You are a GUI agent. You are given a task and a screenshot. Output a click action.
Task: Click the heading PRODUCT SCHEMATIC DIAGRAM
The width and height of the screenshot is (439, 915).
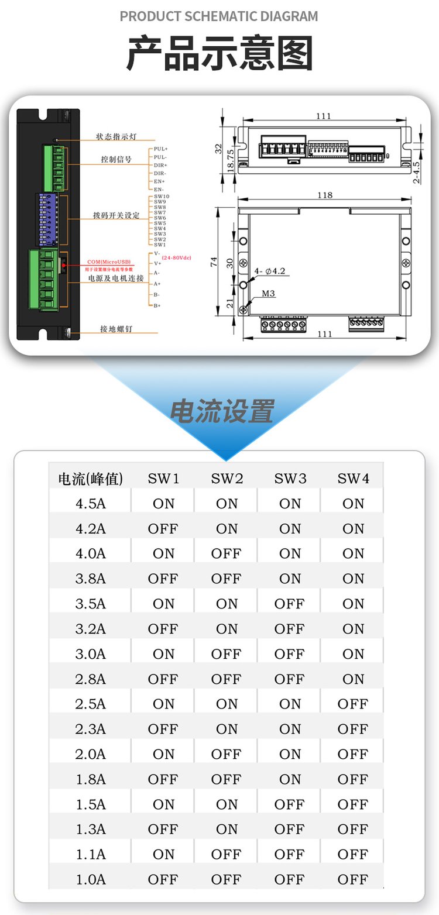(219, 16)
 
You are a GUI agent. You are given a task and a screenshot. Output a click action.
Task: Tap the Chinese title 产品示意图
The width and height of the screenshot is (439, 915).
(220, 54)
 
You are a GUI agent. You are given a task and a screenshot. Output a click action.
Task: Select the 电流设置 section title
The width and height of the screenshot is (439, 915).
(222, 411)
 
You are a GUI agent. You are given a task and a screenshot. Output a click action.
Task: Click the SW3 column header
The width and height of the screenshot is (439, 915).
(290, 479)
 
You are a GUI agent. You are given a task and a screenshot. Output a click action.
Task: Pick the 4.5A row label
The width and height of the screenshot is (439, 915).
(90, 504)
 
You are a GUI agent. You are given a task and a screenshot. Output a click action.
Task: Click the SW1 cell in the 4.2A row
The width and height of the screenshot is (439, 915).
(163, 529)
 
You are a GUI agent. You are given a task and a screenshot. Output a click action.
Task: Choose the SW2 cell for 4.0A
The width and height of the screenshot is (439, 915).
(227, 553)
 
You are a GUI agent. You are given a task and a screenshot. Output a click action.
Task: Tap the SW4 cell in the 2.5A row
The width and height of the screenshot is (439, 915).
(353, 704)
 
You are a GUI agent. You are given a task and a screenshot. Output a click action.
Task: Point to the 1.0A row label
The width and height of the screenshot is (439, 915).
(90, 879)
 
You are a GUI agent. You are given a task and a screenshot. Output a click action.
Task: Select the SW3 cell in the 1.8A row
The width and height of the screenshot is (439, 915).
(290, 779)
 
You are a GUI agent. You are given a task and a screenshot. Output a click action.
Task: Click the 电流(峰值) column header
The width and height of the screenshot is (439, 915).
(90, 479)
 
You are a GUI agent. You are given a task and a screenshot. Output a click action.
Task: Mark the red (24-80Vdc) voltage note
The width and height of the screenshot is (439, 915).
(177, 257)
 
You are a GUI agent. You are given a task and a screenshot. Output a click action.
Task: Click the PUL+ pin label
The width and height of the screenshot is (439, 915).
(160, 149)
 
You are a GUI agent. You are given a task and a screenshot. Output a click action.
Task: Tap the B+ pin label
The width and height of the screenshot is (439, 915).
(157, 305)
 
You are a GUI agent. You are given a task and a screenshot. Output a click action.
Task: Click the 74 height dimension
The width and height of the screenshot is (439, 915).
(213, 263)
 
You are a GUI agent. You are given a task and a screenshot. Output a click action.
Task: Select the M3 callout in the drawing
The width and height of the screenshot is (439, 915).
(269, 293)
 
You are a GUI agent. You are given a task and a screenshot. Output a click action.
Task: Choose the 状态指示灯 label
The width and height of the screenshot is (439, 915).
(116, 137)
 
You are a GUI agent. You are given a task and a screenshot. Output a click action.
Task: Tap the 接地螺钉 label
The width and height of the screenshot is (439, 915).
(116, 329)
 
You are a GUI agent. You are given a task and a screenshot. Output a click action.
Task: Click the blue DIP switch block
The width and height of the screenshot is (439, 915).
(48, 219)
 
